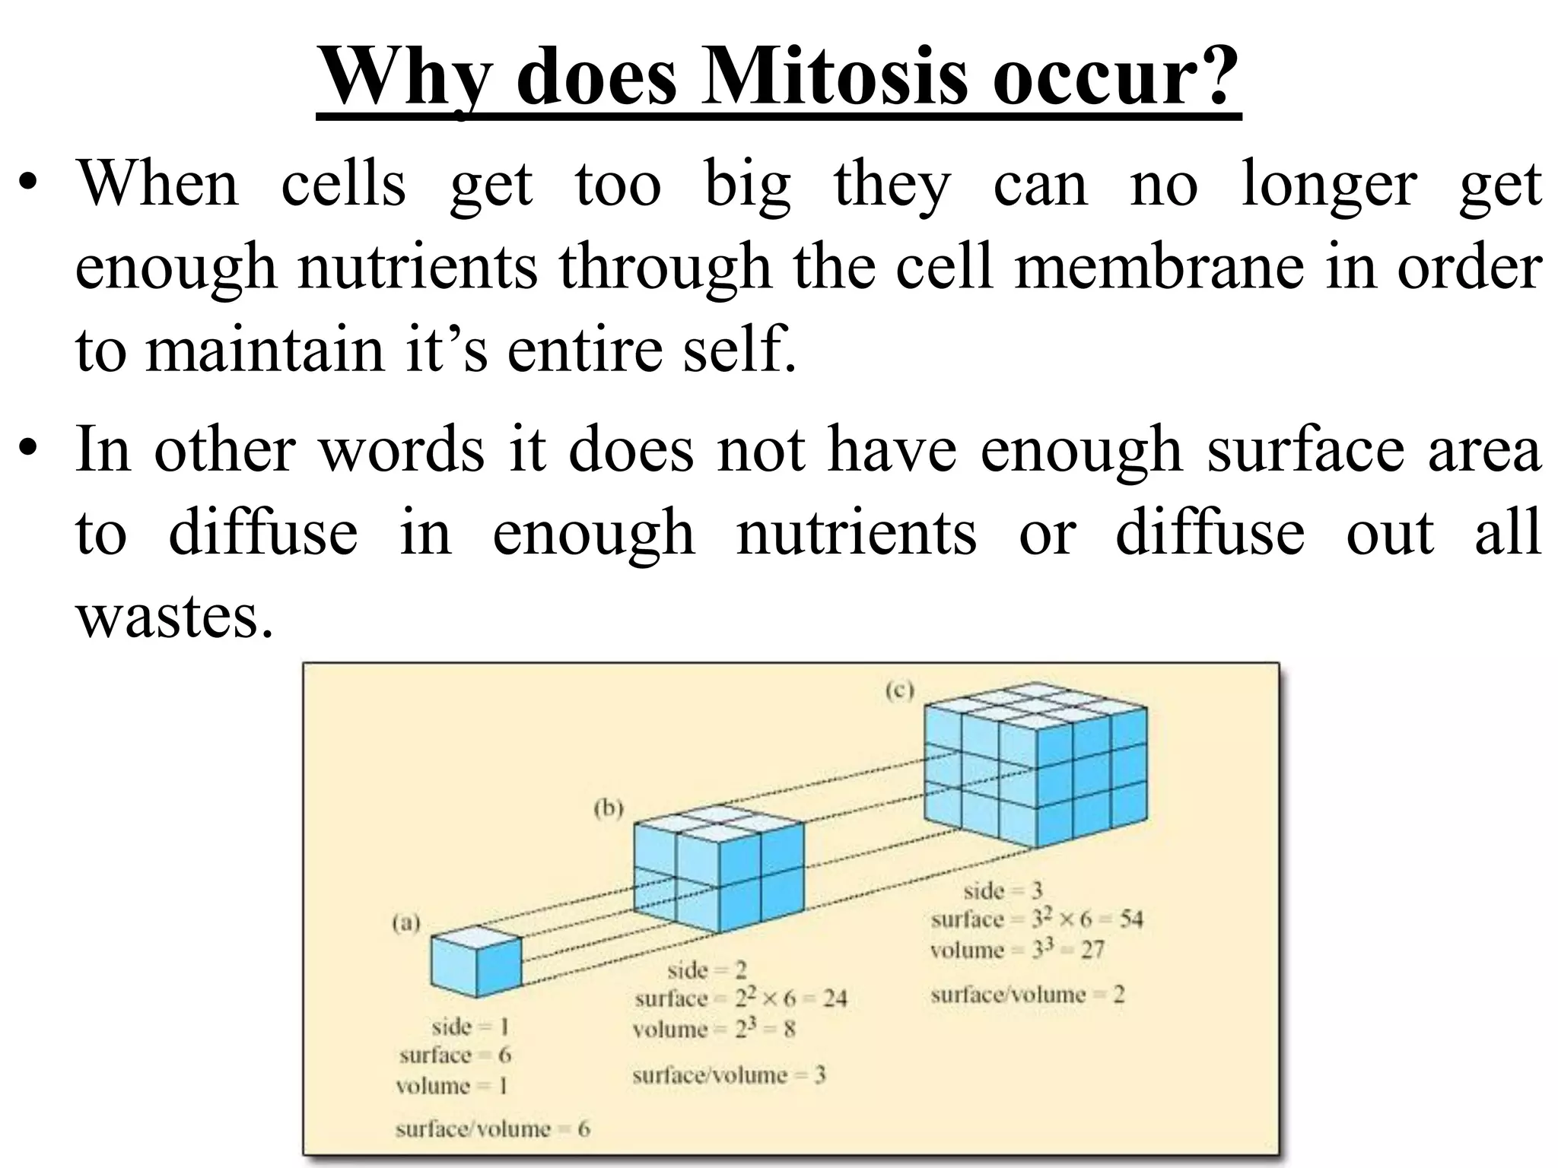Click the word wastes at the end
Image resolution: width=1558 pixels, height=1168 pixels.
[173, 616]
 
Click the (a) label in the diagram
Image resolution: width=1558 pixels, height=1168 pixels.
[406, 923]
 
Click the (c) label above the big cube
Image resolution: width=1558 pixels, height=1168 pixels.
[899, 690]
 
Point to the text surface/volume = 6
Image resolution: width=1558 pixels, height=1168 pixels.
[492, 1128]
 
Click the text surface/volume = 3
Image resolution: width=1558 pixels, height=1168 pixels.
[729, 1075]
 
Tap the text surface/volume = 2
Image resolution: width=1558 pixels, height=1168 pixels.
[1027, 995]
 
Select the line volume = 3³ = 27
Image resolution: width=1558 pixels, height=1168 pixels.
[1016, 950]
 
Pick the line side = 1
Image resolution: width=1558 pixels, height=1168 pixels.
[469, 1027]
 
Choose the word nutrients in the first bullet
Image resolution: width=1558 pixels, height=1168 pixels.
[417, 267]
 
